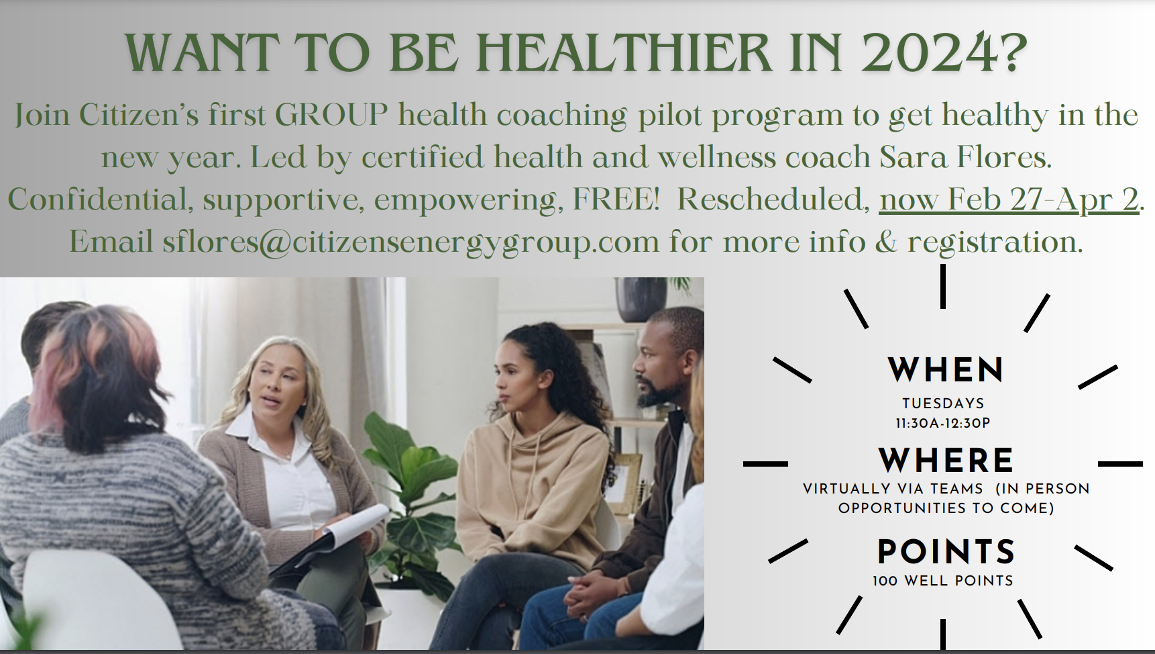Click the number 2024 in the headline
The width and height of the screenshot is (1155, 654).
944,52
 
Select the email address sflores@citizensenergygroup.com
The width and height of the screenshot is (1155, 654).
410,242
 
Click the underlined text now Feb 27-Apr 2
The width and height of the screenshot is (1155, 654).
1009,199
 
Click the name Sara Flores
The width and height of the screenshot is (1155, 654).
963,157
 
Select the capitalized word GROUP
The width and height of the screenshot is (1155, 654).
331,115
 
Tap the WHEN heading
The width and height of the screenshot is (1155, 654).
945,370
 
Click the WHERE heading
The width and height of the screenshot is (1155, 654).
946,461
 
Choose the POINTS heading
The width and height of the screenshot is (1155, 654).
946,552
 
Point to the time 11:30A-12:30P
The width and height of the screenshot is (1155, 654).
942,424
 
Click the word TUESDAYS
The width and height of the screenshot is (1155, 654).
943,404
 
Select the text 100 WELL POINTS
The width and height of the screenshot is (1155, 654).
942,581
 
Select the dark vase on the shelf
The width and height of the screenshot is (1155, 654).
641,299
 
